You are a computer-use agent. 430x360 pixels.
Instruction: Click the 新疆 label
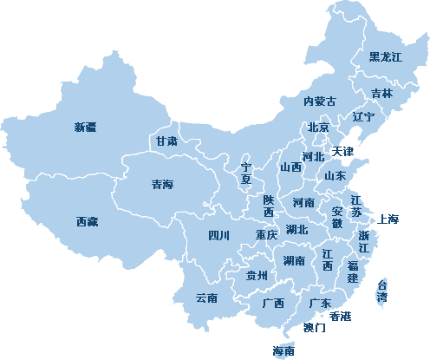[85, 127]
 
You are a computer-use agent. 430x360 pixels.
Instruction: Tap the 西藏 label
[87, 222]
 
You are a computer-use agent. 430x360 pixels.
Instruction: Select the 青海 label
[162, 184]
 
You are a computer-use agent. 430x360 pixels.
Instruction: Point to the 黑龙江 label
[385, 57]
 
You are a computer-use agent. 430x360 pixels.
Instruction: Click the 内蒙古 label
[319, 101]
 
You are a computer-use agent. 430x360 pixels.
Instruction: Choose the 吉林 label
[381, 93]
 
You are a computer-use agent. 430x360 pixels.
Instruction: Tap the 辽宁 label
[363, 116]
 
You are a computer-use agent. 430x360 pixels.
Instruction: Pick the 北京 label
[318, 128]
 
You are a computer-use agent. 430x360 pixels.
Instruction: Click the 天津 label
[342, 152]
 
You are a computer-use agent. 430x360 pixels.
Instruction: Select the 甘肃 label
[166, 141]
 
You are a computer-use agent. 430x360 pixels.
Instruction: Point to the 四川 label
[218, 235]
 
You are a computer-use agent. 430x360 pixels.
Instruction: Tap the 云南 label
[206, 298]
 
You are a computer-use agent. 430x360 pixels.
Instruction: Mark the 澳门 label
[315, 328]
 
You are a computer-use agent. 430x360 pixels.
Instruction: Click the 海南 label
[283, 351]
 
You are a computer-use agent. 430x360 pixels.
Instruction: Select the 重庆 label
[266, 234]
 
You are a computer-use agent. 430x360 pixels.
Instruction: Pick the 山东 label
[336, 175]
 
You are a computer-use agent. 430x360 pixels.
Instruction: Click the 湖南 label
[293, 260]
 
